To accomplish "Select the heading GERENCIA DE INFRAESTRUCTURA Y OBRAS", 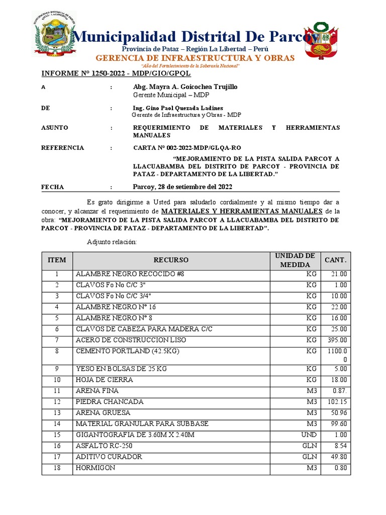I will tap(195, 58).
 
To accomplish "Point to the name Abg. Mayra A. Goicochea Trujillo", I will tap(185, 87).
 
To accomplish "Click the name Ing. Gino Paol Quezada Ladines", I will tap(178, 108).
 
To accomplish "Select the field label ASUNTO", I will tap(54, 128).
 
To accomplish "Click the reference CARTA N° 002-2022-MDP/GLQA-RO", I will tap(187, 148).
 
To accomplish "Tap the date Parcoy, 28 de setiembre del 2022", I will tap(182, 187).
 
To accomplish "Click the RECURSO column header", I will tap(171, 260).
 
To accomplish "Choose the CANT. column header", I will tap(335, 260).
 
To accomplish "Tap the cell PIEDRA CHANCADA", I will tap(110, 402).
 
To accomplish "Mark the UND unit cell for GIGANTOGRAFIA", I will tap(309, 435).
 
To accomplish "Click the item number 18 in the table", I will tap(57, 468).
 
